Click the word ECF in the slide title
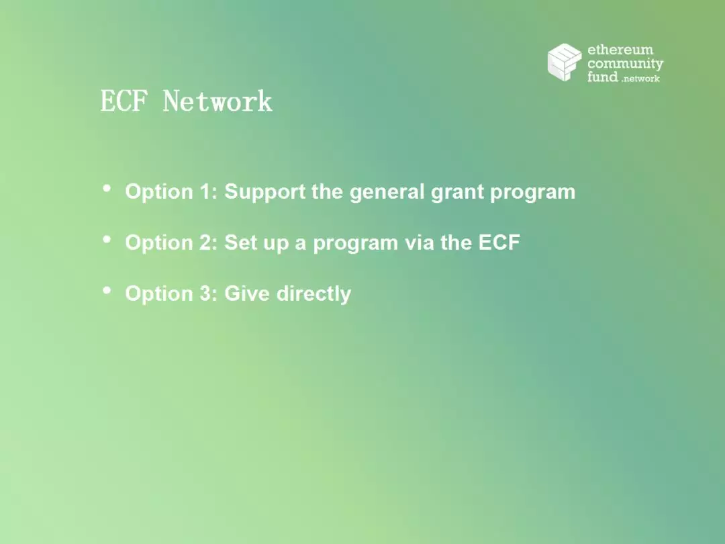tap(124, 101)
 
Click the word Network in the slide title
tap(217, 101)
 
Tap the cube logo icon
tap(565, 62)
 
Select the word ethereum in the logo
tap(620, 50)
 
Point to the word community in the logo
tap(625, 63)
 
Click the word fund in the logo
tap(602, 77)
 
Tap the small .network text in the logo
tap(641, 79)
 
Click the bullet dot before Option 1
tap(107, 188)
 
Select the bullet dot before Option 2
tap(107, 239)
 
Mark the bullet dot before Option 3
tap(107, 290)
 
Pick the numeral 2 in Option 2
tap(206, 242)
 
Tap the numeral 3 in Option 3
tap(206, 293)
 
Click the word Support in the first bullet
tap(265, 193)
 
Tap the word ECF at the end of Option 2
tap(499, 242)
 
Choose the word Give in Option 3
tap(247, 293)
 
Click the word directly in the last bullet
tap(313, 294)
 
